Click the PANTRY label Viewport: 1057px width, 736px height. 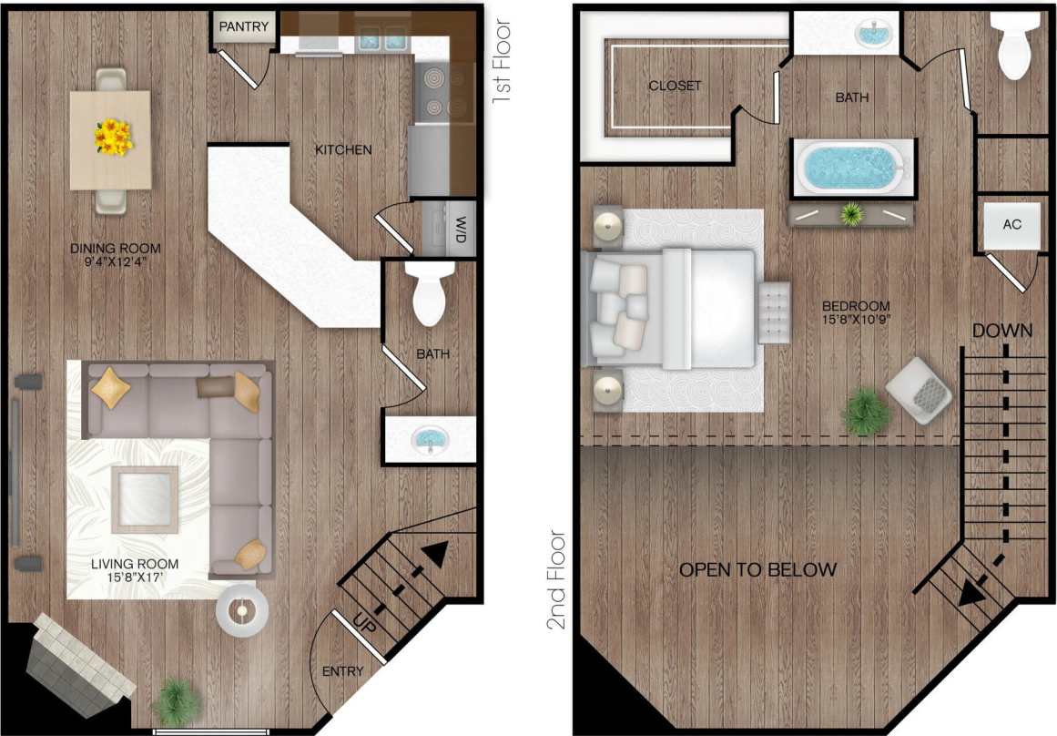point(243,26)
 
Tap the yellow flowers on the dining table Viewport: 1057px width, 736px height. point(113,138)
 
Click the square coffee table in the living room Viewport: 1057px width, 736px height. point(145,498)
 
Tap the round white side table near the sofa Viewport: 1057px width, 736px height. point(242,609)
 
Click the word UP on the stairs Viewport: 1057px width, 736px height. point(364,625)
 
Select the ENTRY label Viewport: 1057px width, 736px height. point(343,671)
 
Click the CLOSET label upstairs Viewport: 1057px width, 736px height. point(675,86)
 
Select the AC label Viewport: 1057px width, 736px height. point(1011,223)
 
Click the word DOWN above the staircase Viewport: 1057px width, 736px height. point(1001,330)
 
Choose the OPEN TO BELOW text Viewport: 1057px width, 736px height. point(757,570)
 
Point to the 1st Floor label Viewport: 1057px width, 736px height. point(502,62)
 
